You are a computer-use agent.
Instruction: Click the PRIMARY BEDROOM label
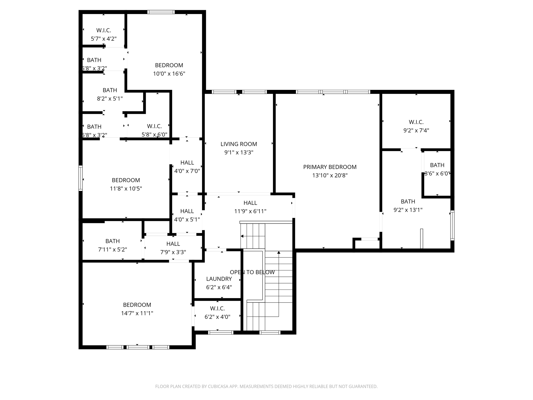(330, 167)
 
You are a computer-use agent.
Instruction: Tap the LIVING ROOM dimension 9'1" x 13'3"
(239, 152)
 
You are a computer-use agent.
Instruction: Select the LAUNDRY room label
(219, 279)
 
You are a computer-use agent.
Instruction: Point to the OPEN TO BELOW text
(252, 272)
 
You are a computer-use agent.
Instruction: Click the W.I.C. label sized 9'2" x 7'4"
(416, 122)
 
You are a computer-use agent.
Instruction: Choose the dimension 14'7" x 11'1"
(137, 313)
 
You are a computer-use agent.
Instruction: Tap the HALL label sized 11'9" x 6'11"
(250, 203)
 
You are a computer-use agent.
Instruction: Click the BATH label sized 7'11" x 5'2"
(112, 241)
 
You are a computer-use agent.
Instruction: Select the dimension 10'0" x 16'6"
(169, 74)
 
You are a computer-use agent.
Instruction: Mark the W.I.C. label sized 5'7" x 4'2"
(104, 30)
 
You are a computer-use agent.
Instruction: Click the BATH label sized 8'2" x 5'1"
(110, 90)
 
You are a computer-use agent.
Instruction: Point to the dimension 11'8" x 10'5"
(126, 189)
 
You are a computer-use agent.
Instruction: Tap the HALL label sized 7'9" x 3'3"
(173, 244)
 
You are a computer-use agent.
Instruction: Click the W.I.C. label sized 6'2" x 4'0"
(217, 309)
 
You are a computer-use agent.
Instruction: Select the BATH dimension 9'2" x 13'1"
(408, 210)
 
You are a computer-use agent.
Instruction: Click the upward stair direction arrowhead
(279, 252)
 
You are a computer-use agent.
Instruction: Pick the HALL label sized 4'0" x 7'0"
(187, 162)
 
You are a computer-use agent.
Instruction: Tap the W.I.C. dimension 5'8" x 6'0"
(154, 135)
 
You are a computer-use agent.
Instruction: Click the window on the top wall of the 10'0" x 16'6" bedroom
(161, 12)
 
